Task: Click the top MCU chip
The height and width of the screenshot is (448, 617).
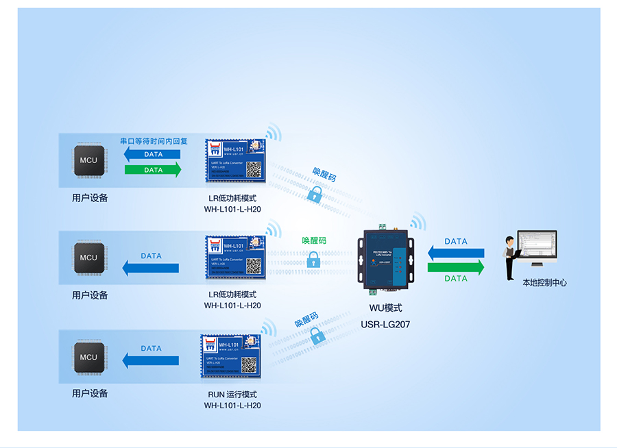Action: pos(88,161)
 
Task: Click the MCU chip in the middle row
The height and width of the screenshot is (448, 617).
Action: pos(88,258)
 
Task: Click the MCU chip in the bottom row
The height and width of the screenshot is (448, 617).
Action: pos(88,357)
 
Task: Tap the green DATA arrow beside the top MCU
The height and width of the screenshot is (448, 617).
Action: pos(153,170)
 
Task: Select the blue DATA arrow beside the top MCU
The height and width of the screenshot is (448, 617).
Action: pos(153,155)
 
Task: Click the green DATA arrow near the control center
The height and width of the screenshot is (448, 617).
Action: pos(456,267)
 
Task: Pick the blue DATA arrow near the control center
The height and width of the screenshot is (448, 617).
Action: pos(456,252)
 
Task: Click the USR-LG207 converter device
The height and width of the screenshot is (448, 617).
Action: pos(385,258)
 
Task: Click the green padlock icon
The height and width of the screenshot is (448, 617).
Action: pos(313,260)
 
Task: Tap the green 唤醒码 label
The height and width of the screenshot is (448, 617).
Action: pos(314,241)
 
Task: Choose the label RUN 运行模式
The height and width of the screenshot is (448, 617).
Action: pos(232,395)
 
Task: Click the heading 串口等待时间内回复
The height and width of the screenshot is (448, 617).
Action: pos(154,141)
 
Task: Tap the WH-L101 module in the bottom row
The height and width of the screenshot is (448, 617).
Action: pos(232,355)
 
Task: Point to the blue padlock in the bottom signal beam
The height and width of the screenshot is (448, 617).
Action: pos(316,336)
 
